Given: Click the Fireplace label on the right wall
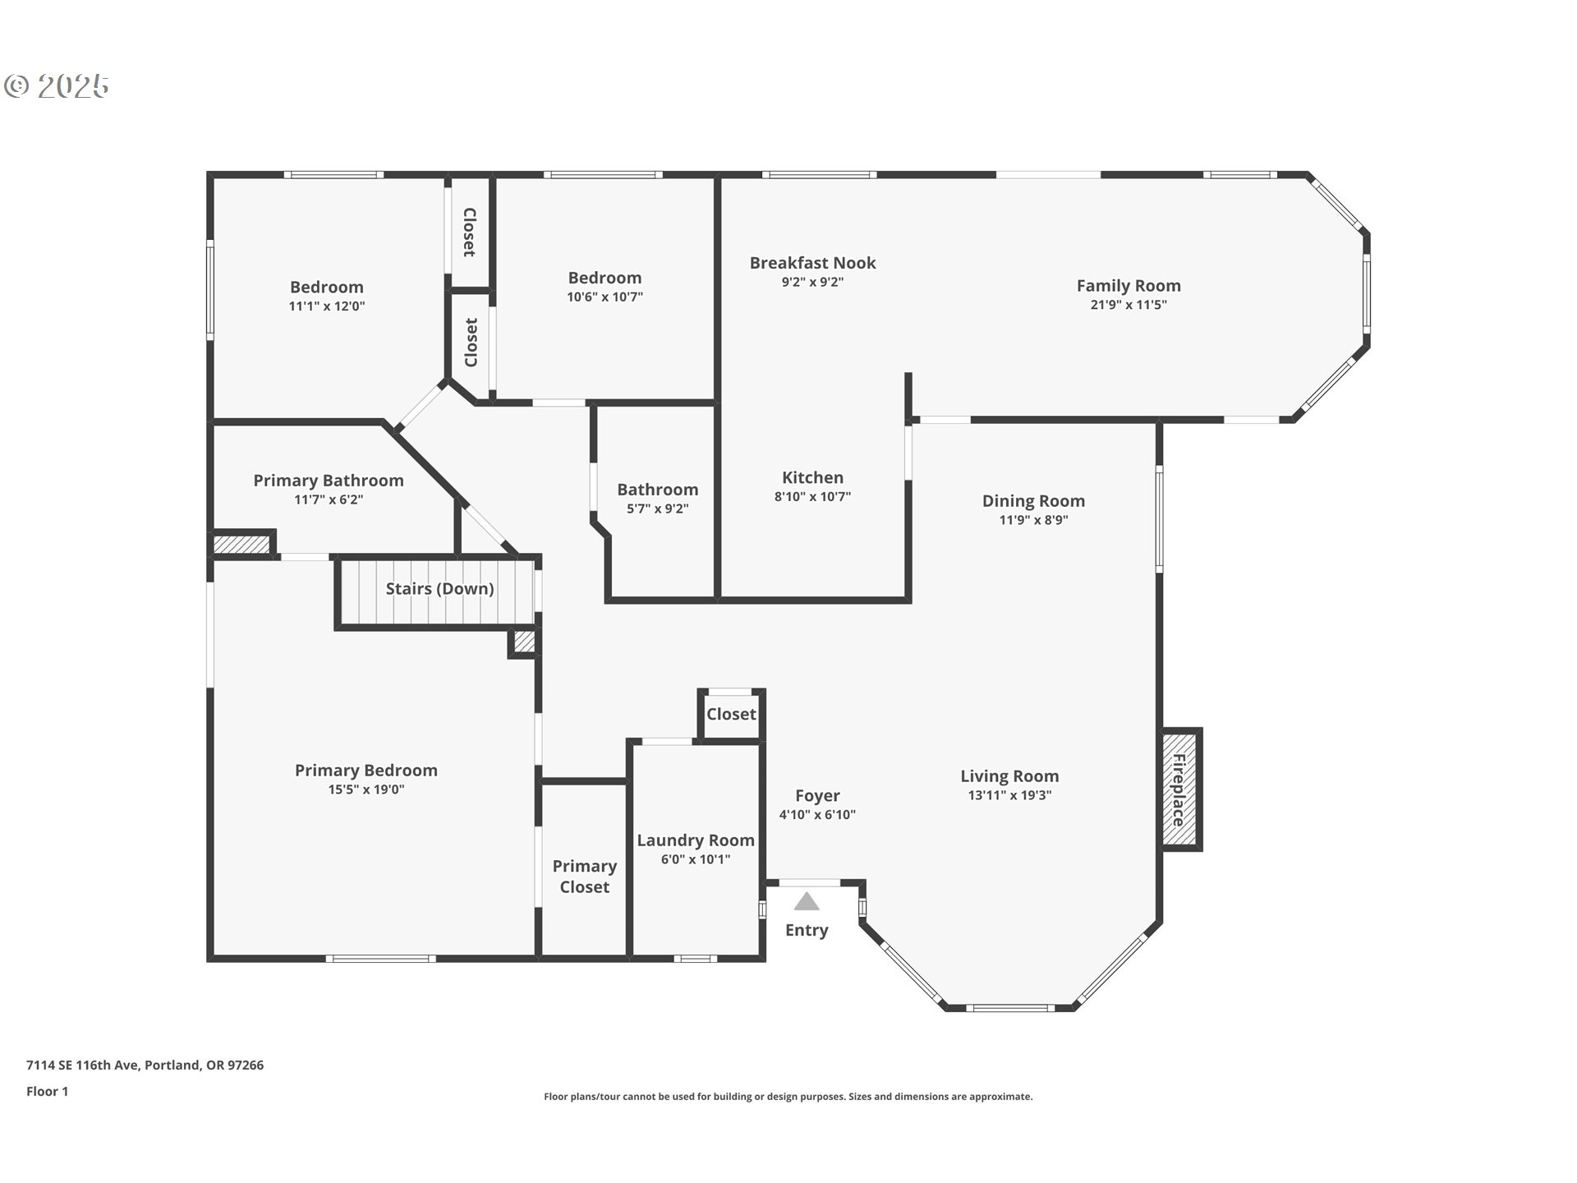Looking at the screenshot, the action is click(1179, 789).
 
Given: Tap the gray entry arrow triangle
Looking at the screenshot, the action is click(807, 902).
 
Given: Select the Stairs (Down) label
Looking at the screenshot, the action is click(439, 588).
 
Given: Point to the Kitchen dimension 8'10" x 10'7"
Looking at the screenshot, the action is click(812, 496).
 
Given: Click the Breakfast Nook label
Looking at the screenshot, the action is click(812, 263).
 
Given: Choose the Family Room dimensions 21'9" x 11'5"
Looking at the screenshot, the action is click(1129, 305).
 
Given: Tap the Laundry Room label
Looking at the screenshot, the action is click(696, 840).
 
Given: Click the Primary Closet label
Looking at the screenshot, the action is click(584, 877).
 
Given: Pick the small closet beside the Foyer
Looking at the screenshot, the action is click(731, 714).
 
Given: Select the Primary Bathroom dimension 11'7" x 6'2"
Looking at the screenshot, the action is click(329, 499).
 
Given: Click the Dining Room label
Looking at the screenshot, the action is click(1033, 501).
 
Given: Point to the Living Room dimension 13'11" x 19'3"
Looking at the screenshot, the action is click(1009, 795).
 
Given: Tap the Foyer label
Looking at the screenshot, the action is click(817, 795).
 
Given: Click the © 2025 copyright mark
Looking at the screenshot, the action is click(57, 86).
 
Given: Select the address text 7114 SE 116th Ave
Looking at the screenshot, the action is click(83, 1066).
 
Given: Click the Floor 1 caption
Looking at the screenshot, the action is click(47, 1092).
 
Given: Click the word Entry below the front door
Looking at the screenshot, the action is click(807, 930).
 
